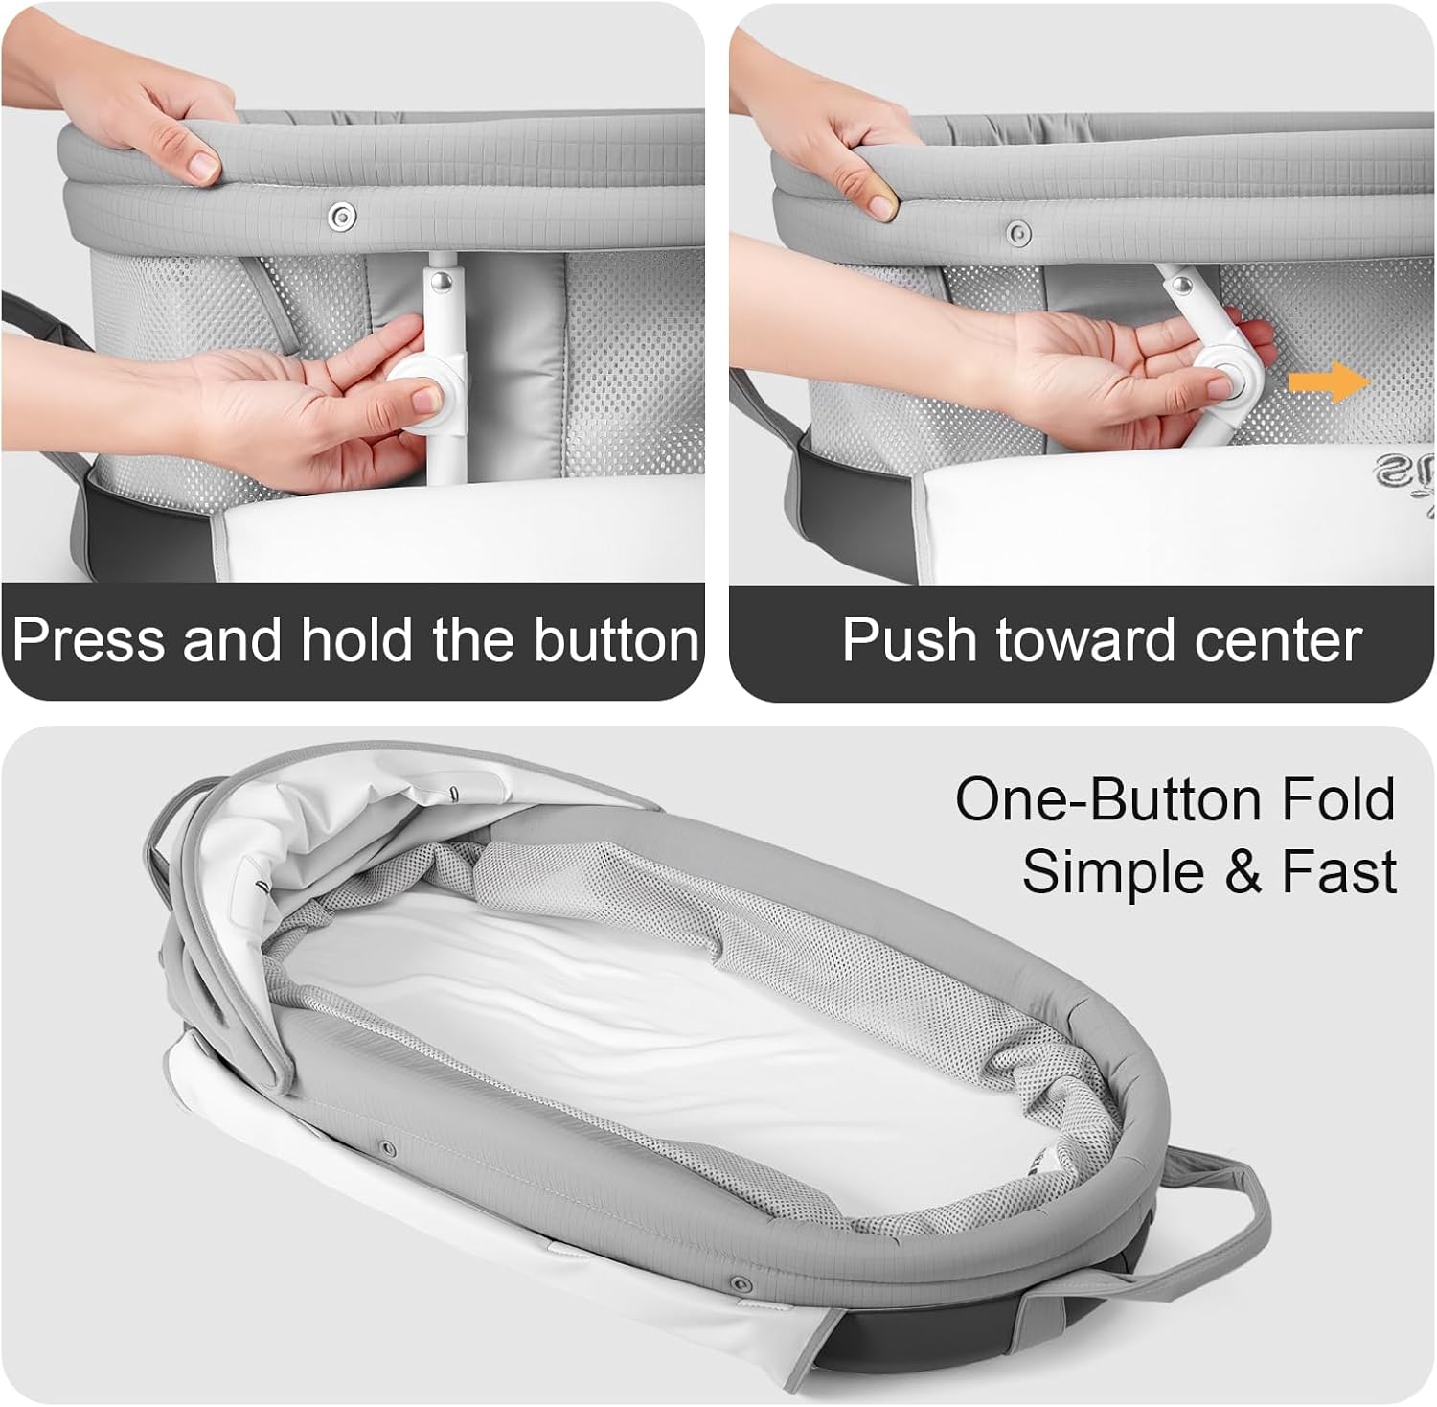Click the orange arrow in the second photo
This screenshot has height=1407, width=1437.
[1329, 382]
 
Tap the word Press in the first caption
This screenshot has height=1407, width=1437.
[89, 639]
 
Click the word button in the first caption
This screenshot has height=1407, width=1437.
[617, 639]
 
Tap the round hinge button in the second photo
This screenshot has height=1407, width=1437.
[1226, 381]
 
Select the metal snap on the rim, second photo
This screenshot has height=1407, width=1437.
[1018, 231]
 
